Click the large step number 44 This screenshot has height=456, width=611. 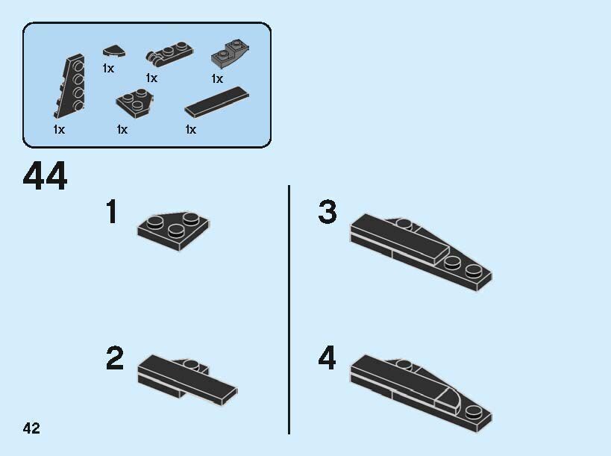coord(46,176)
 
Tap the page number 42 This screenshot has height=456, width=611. coord(31,428)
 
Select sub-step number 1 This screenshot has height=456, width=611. coord(112,211)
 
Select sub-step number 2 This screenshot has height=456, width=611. coord(115,357)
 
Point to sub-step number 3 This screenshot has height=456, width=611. coord(328,212)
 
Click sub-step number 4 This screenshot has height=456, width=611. coord(327,357)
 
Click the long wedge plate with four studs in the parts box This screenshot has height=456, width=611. coord(69,86)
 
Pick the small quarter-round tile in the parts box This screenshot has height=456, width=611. coord(114,51)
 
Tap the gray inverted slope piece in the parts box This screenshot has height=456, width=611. coord(231,54)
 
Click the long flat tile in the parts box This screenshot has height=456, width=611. coord(216,102)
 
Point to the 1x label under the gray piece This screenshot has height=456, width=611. coord(217,78)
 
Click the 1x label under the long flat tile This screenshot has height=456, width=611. coord(190,129)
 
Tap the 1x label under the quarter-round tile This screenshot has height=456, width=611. coord(108,69)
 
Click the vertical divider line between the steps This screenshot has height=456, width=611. coord(289,310)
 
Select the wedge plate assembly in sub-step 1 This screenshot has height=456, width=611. coord(173,231)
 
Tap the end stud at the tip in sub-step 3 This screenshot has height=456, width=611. coord(474,270)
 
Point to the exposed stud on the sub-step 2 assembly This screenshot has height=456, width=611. coord(190,365)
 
